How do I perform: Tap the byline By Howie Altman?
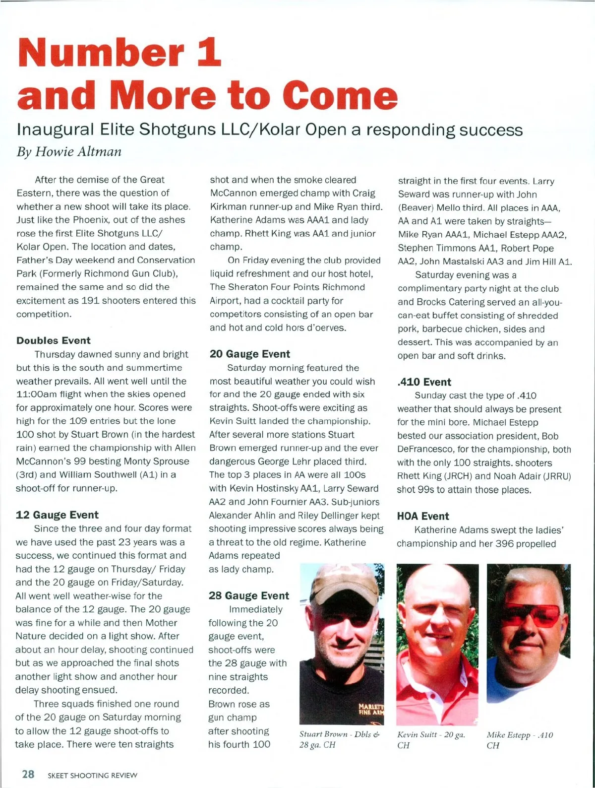click(x=69, y=151)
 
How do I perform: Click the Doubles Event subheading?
click(x=54, y=340)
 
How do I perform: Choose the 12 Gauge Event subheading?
click(x=57, y=515)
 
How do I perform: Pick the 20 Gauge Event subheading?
click(x=249, y=354)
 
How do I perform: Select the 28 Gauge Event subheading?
click(x=248, y=595)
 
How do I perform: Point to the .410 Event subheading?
click(x=424, y=382)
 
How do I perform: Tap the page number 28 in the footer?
click(x=28, y=774)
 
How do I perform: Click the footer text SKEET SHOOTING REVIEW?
click(x=92, y=775)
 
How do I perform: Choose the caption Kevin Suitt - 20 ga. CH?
click(x=431, y=740)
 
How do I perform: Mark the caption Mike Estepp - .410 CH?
click(x=519, y=740)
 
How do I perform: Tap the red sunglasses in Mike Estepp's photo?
click(x=531, y=615)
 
